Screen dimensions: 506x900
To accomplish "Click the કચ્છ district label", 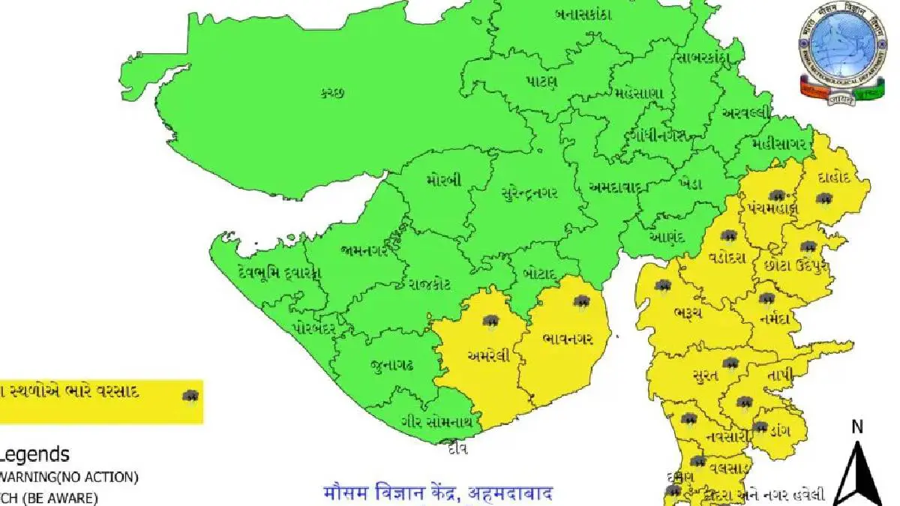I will pos(331,93).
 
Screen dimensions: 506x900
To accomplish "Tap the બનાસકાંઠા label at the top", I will pos(583,14).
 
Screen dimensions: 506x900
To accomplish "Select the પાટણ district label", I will pos(541,82).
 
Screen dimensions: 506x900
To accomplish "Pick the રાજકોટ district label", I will pos(430,283).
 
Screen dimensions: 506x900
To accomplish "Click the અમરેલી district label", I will pos(489,356).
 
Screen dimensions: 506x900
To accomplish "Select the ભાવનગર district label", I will pos(568,339).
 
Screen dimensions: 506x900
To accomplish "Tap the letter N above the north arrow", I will pos(858,428).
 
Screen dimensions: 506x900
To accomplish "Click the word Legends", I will pos(35,454).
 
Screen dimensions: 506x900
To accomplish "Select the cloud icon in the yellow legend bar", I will pos(190,396).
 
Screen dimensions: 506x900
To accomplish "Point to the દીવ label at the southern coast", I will pos(457,449).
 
